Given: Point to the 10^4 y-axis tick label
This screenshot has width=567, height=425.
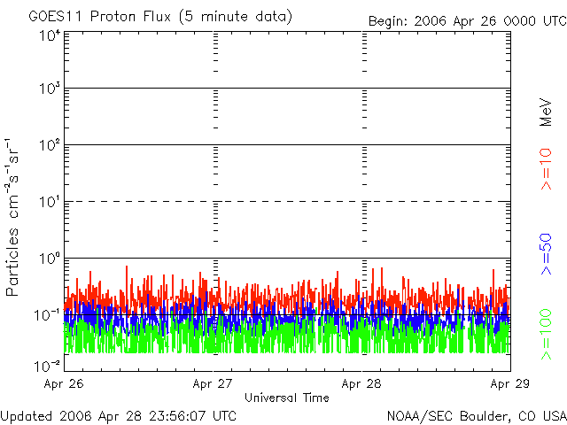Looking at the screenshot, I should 48,35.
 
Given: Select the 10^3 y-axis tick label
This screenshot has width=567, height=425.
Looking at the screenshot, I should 48,89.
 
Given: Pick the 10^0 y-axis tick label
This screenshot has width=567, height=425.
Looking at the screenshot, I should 48,258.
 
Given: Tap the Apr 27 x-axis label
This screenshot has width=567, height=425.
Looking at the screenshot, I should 215,384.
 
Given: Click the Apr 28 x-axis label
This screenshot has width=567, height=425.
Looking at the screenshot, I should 362,384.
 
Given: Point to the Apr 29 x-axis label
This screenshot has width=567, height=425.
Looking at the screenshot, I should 509,384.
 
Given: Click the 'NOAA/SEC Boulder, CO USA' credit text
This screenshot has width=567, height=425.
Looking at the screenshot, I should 476,415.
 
